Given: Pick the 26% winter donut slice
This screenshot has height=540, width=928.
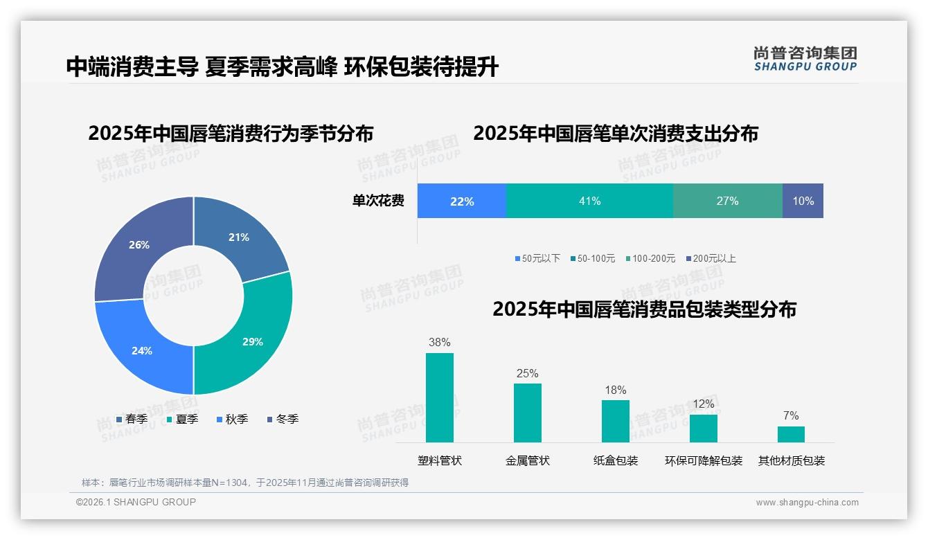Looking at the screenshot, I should pos(139,245).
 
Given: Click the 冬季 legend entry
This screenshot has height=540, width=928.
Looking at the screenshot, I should pos(283,419).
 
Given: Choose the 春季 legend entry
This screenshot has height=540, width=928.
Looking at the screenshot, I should pos(132,419).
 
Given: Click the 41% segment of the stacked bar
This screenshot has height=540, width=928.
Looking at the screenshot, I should pos(589,201).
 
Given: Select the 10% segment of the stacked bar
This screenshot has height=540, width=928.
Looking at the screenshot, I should pos(803,201).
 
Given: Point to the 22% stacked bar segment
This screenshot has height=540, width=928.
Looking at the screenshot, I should pos(462,201).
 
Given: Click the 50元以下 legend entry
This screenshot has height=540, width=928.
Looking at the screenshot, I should pos(537,258).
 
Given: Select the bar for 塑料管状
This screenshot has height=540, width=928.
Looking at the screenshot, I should pos(440,397).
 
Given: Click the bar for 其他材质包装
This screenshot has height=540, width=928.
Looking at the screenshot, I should pos(791,434).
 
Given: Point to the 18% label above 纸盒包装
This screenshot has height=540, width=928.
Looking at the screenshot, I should pos(615,390).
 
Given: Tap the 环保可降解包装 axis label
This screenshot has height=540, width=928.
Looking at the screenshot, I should pos(704,460).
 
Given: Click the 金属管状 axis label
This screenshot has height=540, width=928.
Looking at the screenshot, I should pos(528,460).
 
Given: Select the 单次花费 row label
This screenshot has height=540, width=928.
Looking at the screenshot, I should pos(378,201).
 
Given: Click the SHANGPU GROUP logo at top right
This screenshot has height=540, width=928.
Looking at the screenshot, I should pos(805,59).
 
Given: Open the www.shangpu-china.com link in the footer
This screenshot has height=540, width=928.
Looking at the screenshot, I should pos(807,502).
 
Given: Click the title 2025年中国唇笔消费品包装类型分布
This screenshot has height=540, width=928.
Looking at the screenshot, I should pos(644,309).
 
